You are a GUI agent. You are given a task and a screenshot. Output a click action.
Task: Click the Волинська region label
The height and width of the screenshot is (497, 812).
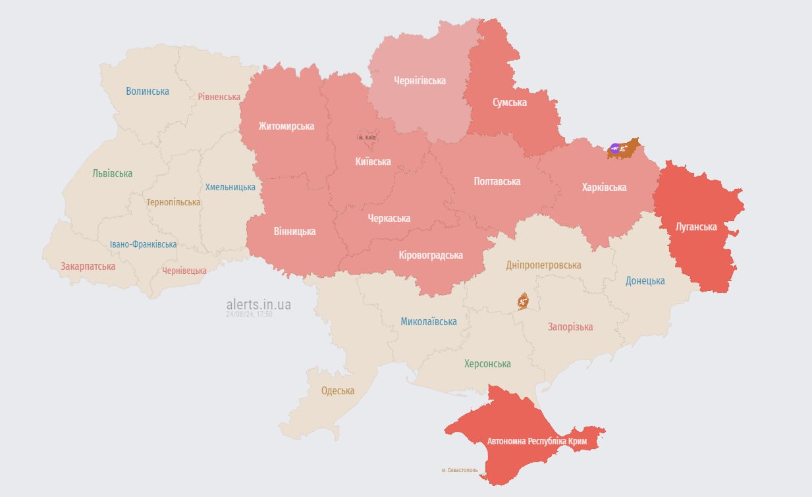[x=148, y=91]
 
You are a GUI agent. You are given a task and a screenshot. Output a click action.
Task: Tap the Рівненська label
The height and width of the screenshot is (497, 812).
[x=219, y=97]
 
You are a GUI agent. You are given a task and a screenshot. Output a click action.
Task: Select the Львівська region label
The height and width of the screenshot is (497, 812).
[x=112, y=174]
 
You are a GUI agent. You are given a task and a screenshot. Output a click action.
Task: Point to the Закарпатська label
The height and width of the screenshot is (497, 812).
[x=88, y=267]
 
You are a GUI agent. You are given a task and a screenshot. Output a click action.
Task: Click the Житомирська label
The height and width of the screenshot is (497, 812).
[x=286, y=126]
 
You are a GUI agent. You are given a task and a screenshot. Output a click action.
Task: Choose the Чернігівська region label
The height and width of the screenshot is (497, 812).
[x=420, y=80]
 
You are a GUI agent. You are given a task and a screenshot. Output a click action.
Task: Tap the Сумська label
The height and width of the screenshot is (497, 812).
[x=510, y=102]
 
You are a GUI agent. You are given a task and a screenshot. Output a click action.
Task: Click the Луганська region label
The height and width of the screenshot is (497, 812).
[x=696, y=226]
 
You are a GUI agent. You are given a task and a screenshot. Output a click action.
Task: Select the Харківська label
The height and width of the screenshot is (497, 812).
[x=604, y=187]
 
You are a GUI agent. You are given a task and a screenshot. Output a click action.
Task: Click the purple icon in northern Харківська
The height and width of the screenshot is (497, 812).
[x=615, y=149]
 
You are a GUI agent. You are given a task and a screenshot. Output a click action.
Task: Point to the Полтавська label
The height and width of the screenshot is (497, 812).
[x=497, y=181]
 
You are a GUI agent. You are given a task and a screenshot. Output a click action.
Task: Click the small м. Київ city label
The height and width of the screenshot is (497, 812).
[x=367, y=138]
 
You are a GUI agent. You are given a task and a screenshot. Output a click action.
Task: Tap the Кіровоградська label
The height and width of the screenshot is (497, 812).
[x=431, y=255]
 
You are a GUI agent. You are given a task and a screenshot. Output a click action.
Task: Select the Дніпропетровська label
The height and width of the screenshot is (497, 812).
[x=543, y=265]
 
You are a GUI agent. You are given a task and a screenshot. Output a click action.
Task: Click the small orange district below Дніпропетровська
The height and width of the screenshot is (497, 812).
[x=523, y=301]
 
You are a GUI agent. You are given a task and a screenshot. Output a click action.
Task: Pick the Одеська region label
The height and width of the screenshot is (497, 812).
[x=337, y=390]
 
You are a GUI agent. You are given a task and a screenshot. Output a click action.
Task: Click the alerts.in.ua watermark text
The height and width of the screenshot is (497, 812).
[x=258, y=304]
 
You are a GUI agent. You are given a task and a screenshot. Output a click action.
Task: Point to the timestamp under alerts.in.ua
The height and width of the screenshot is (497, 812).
[x=249, y=314]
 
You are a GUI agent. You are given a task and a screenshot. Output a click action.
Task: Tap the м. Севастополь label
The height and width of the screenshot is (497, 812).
[x=460, y=470]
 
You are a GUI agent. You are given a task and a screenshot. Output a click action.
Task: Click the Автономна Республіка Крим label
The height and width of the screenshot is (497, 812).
[x=537, y=440]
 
